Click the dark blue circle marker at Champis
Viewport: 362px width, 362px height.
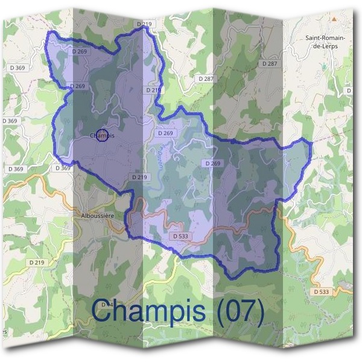(102, 136)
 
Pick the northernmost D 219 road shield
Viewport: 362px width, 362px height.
(144, 24)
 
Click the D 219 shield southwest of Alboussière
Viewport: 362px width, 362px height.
(37, 262)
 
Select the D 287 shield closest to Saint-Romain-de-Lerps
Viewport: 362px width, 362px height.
(270, 63)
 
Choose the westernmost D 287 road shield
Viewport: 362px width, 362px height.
(206, 79)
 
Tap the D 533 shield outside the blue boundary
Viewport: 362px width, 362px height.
(321, 292)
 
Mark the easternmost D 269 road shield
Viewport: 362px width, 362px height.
(213, 164)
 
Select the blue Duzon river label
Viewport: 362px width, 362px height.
(162, 158)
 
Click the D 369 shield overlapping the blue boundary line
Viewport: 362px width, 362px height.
(63, 168)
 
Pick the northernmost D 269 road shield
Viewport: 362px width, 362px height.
(80, 52)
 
